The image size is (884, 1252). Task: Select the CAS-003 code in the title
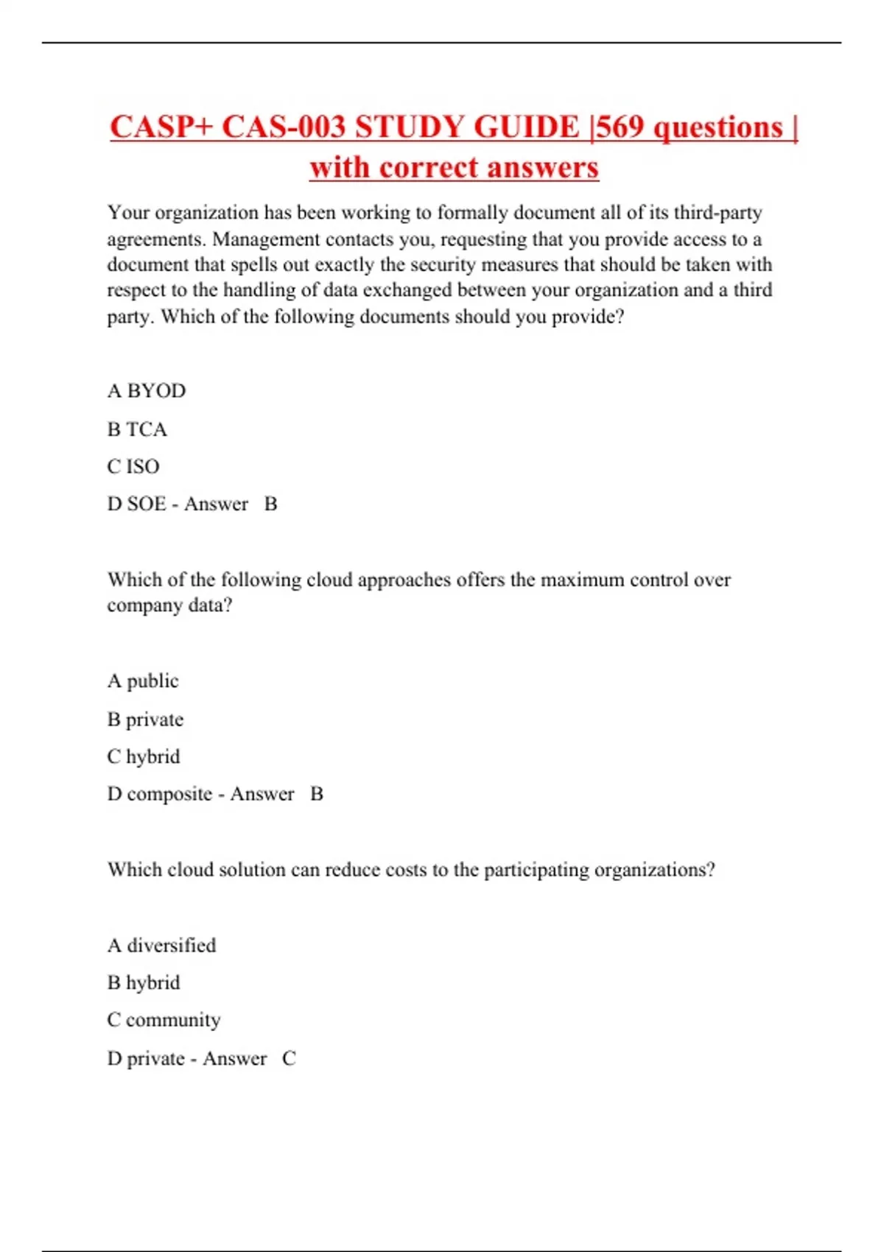coord(284,127)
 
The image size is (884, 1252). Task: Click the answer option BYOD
coord(156,391)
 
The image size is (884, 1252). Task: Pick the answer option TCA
coord(147,429)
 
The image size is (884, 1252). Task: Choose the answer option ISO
coord(143,467)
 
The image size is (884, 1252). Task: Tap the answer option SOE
coord(147,504)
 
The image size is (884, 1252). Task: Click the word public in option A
coord(152,681)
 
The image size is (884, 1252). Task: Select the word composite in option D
coord(169,794)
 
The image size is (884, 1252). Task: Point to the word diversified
coord(172,946)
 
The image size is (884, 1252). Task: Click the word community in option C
coord(173,1020)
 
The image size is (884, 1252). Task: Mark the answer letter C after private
coord(289,1058)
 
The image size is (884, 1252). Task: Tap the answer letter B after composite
coord(317,794)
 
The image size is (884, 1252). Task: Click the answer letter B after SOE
coord(270,504)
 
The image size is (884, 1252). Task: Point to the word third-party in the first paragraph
coord(718,213)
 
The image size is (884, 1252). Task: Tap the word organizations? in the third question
coord(654,870)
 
